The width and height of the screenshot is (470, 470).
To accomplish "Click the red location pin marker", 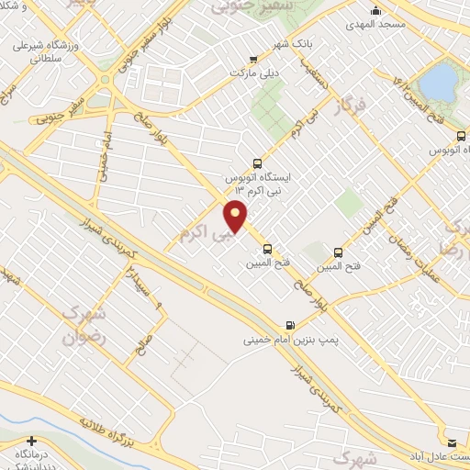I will click(236, 215).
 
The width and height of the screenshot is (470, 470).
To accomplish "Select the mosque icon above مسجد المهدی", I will click(375, 12).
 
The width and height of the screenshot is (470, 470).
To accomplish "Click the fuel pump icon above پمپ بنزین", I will click(291, 324).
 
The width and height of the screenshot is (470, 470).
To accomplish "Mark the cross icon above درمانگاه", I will click(32, 442).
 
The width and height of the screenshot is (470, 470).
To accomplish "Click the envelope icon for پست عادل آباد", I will click(451, 442).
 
